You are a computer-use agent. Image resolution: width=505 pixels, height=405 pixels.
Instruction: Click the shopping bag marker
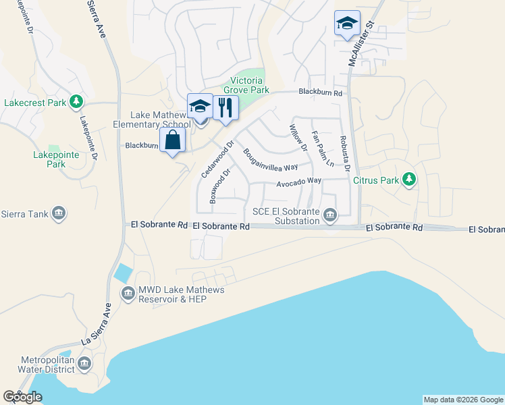174,140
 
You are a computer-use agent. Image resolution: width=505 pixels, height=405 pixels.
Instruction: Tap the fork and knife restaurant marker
225,107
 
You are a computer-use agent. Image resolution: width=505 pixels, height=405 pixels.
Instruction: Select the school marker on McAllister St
347,22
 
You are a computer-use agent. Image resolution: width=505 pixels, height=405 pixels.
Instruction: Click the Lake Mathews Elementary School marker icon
200,105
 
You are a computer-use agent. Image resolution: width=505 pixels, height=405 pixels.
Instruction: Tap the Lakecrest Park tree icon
77,102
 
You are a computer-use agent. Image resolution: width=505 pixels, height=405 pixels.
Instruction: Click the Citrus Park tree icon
408,180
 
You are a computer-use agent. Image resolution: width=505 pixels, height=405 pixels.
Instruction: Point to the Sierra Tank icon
59,215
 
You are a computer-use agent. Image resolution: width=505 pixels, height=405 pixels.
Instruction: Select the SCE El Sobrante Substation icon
330,215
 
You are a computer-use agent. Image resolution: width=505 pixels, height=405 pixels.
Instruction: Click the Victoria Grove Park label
250,85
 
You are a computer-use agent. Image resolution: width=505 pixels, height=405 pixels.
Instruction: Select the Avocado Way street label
298,182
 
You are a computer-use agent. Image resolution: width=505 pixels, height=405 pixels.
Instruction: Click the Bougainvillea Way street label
271,160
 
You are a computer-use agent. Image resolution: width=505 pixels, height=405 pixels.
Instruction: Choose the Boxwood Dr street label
221,186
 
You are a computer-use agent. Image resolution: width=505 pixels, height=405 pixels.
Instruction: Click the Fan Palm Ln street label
322,148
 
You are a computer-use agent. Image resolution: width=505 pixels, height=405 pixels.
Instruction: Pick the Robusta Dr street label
344,155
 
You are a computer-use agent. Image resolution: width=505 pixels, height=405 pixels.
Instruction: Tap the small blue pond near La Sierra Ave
124,273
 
